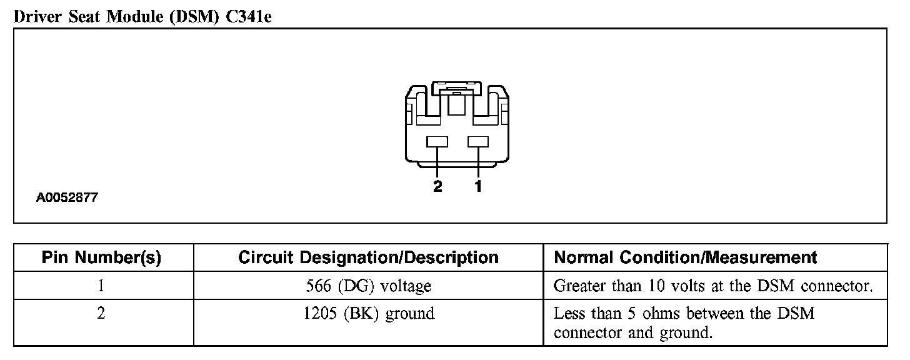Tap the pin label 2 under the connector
pyautogui.click(x=437, y=186)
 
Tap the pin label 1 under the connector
pyautogui.click(x=478, y=186)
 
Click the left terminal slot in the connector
pyautogui.click(x=437, y=142)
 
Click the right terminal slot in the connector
pyautogui.click(x=478, y=142)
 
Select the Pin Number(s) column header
pyautogui.click(x=101, y=257)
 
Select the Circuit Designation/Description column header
pyautogui.click(x=368, y=257)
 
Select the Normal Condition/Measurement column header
pyautogui.click(x=686, y=257)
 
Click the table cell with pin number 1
pyautogui.click(x=101, y=286)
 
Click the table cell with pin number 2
pyautogui.click(x=101, y=313)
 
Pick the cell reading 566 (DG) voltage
pyautogui.click(x=368, y=286)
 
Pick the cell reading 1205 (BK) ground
pyautogui.click(x=368, y=313)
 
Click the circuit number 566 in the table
pyautogui.click(x=318, y=286)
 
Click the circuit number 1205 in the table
pyautogui.click(x=319, y=313)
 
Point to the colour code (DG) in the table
pyautogui.click(x=358, y=286)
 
